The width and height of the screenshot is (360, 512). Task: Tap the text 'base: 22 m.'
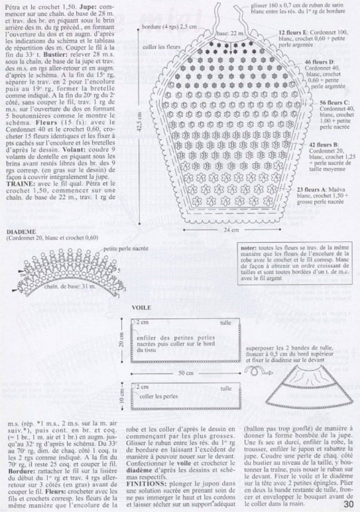[x=229, y=33]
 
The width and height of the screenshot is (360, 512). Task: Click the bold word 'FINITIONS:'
[x=145, y=473]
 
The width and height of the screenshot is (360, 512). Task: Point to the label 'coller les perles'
[x=157, y=396]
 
